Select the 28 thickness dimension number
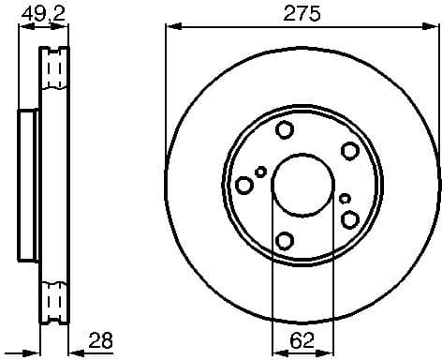[99, 341]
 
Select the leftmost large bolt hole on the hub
[244, 184]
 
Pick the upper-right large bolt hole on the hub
[350, 151]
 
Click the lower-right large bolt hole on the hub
[350, 219]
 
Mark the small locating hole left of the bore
[261, 172]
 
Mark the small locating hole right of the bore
[345, 199]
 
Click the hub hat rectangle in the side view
[26, 186]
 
